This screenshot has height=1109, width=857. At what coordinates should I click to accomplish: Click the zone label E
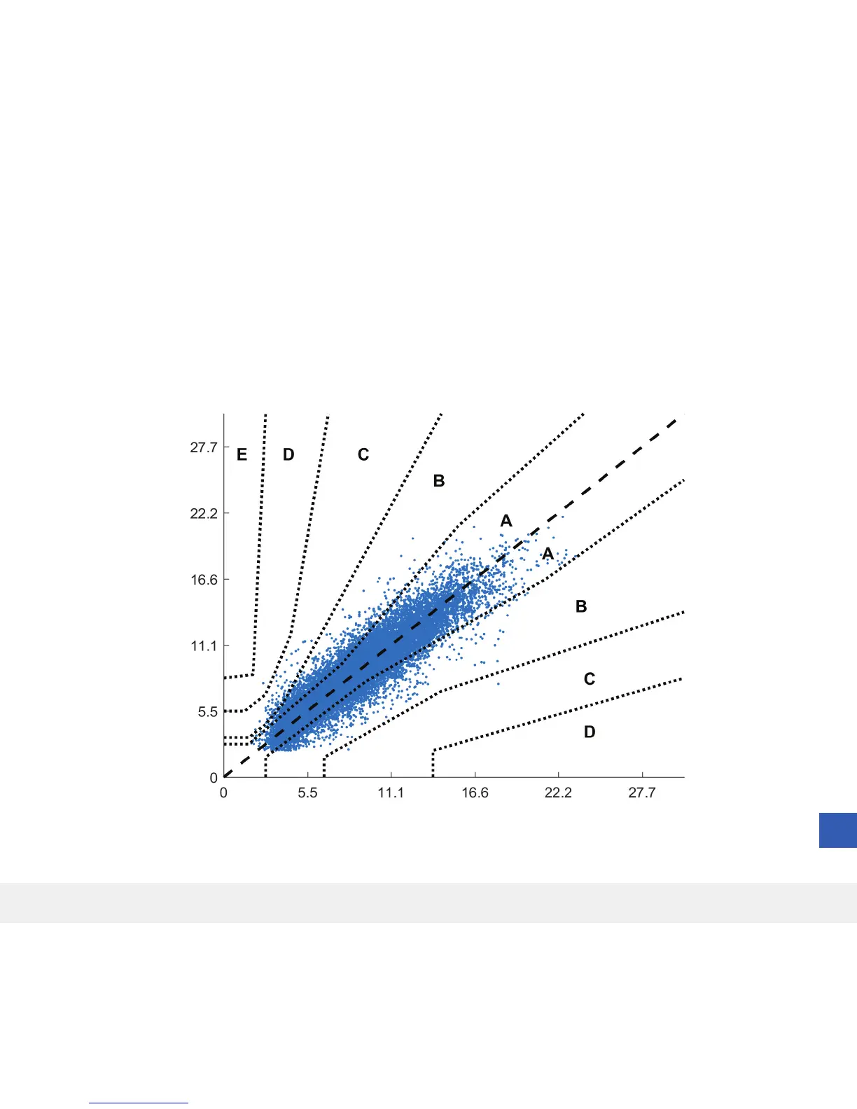[x=242, y=454]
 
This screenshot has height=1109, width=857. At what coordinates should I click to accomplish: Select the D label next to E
[x=288, y=454]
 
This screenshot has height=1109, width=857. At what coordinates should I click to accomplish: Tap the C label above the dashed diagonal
[x=363, y=454]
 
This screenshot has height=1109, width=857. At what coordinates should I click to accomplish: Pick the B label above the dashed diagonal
[x=439, y=480]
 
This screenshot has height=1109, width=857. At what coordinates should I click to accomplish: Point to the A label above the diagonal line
[x=506, y=521]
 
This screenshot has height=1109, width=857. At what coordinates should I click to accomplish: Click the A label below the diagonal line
[x=548, y=554]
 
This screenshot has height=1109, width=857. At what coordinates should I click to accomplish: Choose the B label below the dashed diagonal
[x=581, y=606]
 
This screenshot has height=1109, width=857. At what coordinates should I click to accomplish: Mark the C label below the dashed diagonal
[x=590, y=678]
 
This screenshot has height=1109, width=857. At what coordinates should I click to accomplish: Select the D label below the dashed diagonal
[x=590, y=732]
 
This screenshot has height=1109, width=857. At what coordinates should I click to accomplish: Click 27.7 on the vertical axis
[x=204, y=447]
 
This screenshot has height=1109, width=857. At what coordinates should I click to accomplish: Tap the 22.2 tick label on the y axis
[x=204, y=513]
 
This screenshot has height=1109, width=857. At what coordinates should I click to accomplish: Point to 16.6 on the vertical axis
[x=204, y=580]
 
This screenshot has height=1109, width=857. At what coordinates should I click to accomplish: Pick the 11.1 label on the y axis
[x=204, y=646]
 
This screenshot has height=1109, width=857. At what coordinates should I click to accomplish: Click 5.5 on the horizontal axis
[x=307, y=793]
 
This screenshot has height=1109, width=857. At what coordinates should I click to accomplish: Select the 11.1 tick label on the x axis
[x=391, y=793]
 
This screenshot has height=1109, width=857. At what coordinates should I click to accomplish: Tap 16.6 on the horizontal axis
[x=475, y=793]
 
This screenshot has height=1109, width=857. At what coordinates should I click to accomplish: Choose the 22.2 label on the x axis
[x=558, y=793]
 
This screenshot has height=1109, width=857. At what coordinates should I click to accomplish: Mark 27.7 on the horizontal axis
[x=641, y=793]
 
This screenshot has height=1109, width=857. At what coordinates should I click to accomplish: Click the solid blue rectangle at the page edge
[x=838, y=830]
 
